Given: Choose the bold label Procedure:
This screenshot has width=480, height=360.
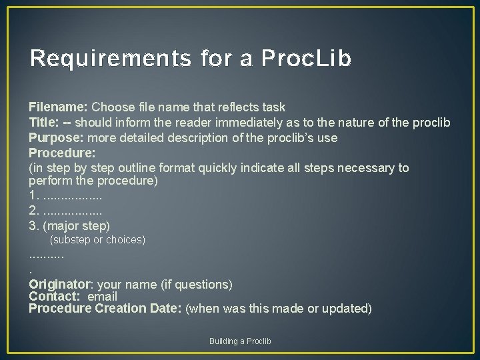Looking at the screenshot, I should pyautogui.click(x=62, y=153).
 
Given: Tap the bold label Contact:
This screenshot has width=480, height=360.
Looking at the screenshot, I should pyautogui.click(x=55, y=297).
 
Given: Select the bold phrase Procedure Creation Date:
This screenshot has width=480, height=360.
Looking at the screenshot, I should pyautogui.click(x=105, y=309).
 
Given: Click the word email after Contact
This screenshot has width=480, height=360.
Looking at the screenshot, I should pyautogui.click(x=103, y=297).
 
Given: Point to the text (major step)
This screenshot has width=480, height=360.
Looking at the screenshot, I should pyautogui.click(x=77, y=225).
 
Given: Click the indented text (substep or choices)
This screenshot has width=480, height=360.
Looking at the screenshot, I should pyautogui.click(x=98, y=239).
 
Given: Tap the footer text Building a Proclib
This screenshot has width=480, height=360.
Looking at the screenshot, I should pyautogui.click(x=240, y=341).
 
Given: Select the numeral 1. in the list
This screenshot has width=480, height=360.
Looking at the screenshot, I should pyautogui.click(x=33, y=196).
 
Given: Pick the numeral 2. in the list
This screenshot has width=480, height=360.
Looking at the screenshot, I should pyautogui.click(x=33, y=211).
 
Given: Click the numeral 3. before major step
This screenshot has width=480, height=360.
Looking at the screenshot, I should pyautogui.click(x=33, y=225).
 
